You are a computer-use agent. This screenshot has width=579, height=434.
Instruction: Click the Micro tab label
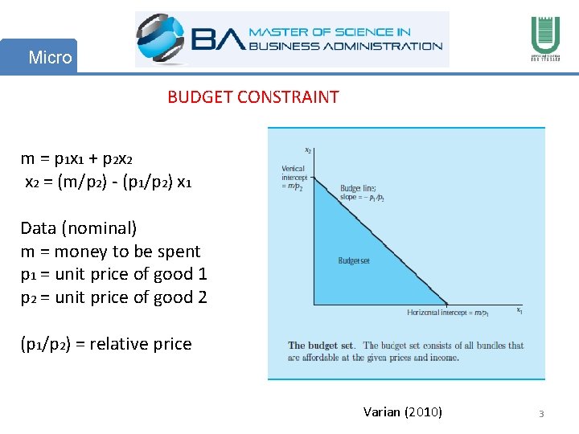50,58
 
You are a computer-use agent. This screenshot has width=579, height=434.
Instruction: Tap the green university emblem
540,39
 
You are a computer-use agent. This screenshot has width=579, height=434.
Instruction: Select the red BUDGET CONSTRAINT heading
253,97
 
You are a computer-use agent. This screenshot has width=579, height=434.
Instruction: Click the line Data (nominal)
79,228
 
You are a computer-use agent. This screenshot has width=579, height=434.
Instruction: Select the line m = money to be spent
110,252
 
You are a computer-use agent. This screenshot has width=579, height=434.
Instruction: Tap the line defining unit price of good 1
113,275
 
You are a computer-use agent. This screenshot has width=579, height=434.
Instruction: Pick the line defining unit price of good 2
113,298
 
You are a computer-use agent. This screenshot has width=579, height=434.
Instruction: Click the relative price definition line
106,344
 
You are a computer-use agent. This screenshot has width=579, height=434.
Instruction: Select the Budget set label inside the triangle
354,260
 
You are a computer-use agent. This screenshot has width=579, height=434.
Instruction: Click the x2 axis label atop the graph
308,149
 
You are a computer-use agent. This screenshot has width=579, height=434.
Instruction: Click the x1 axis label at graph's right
519,309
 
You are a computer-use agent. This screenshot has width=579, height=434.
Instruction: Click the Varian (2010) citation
402,412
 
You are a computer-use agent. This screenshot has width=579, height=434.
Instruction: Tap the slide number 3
541,414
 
